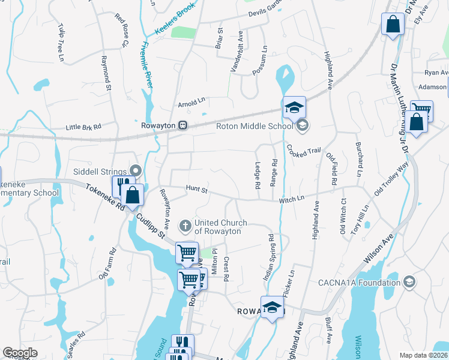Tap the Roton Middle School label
pos(255,125)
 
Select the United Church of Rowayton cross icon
pos(185,227)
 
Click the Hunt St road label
pos(196,190)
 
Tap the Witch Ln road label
pos(292,198)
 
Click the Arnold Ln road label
pos(191,103)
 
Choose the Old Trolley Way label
pos(391,179)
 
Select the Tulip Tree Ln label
pos(61,43)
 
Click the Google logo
pos(20,353)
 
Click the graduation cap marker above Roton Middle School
pos(294,107)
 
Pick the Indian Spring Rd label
pos(268,257)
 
